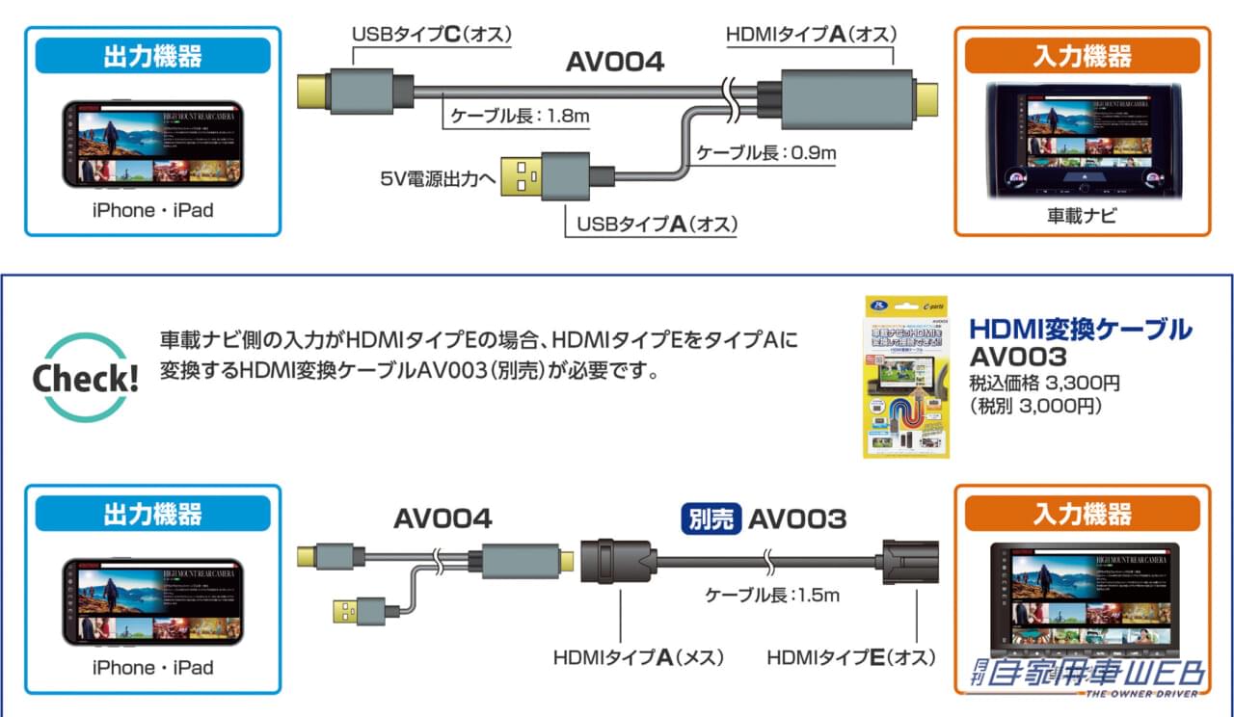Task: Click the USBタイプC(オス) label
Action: click(430, 35)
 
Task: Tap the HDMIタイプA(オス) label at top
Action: click(811, 35)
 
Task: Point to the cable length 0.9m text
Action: click(767, 152)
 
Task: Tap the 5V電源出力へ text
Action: click(436, 178)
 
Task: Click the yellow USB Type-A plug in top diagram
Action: click(522, 176)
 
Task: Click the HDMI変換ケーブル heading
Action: click(1079, 329)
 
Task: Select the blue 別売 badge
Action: click(711, 518)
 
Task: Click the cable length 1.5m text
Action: click(771, 596)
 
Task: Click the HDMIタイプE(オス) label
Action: click(851, 658)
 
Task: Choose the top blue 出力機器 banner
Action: click(152, 56)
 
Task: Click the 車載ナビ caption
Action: click(1082, 216)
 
